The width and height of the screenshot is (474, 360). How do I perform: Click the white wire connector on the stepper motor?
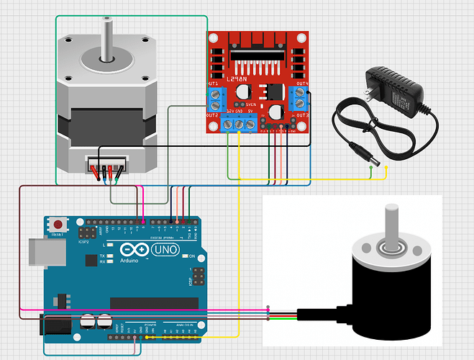point(106,165)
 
